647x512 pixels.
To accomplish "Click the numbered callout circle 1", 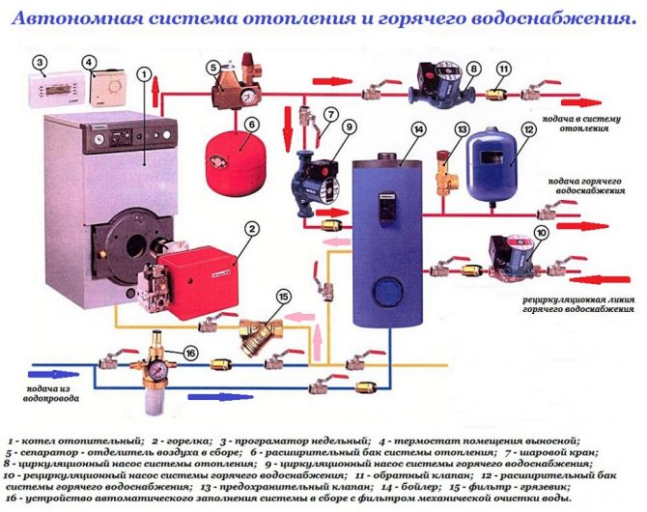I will tap(144, 73).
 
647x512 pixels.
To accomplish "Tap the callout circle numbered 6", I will tap(250, 124).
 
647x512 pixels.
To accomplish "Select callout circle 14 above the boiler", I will tap(417, 129).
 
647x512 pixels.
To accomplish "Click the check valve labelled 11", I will tap(496, 94).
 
